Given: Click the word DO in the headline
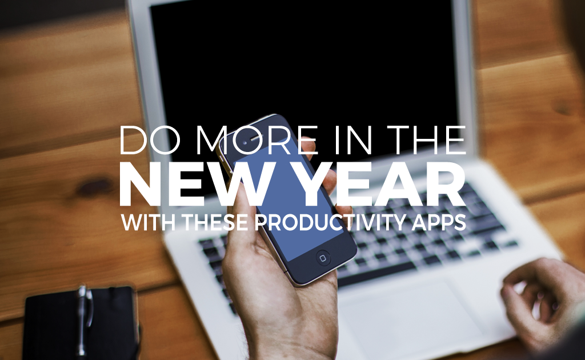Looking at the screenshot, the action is (150, 140).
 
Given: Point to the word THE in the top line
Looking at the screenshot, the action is (427, 140).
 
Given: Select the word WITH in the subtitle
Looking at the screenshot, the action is (149, 222).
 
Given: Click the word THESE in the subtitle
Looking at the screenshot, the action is (215, 222).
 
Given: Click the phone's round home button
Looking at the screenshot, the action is (323, 258).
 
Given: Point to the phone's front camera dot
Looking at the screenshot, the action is (245, 142).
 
